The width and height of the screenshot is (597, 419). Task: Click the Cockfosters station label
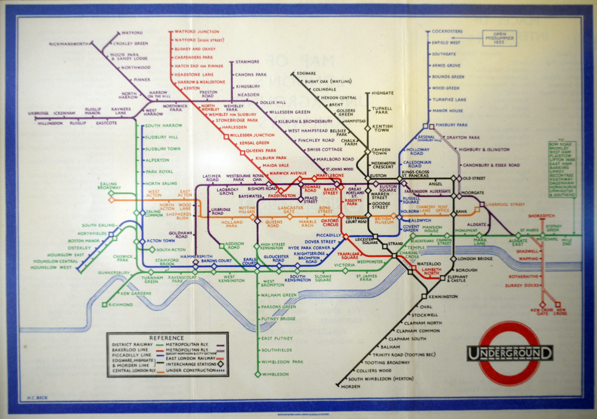pyautogui.click(x=447, y=31)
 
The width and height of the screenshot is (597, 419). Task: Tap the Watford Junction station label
pyautogui.click(x=197, y=32)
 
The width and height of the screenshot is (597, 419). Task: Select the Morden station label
pyautogui.click(x=350, y=386)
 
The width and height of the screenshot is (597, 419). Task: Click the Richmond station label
pyautogui.click(x=120, y=304)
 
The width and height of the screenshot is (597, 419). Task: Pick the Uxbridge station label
pyautogui.click(x=38, y=113)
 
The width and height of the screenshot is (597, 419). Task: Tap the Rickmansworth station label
pyautogui.click(x=68, y=44)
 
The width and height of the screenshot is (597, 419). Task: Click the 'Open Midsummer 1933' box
pyautogui.click(x=499, y=38)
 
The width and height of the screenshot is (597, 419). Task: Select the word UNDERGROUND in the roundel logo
pyautogui.click(x=510, y=354)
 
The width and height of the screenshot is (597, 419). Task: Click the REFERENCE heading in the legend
pyautogui.click(x=166, y=338)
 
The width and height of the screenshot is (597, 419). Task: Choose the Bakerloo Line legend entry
pyautogui.click(x=130, y=350)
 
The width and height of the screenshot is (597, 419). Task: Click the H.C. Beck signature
pyautogui.click(x=37, y=397)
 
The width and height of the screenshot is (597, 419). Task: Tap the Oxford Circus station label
pyautogui.click(x=330, y=222)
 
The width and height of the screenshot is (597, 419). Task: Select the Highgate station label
pyautogui.click(x=382, y=93)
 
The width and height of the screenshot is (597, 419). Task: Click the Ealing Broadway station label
pyautogui.click(x=109, y=186)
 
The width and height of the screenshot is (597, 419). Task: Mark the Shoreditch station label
pyautogui.click(x=541, y=216)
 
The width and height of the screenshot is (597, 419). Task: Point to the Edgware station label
pyautogui.click(x=306, y=74)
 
